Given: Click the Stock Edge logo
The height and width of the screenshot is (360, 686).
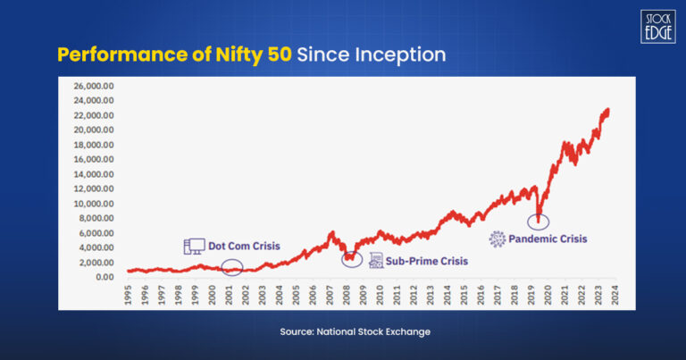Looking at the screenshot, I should (x=656, y=26).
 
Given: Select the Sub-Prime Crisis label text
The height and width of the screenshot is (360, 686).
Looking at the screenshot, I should (x=427, y=262).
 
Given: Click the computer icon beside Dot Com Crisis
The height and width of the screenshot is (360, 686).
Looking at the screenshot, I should (x=194, y=246).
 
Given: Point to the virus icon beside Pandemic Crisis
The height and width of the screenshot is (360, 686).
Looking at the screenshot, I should (x=497, y=239).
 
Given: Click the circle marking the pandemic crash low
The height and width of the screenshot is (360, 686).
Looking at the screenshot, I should (x=539, y=221).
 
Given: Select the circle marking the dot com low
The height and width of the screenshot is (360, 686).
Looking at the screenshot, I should (x=232, y=266).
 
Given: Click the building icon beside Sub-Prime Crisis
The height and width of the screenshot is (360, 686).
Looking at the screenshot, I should (x=375, y=261).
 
